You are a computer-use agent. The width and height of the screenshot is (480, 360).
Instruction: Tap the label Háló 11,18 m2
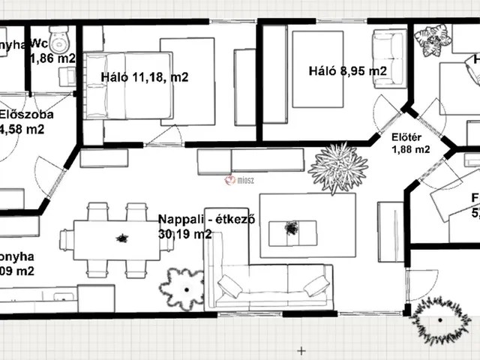145,76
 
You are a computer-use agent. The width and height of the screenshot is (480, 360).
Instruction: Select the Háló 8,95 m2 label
347,71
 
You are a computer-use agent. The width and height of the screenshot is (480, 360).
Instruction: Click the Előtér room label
406,136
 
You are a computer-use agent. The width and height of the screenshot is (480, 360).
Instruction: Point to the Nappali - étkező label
208,220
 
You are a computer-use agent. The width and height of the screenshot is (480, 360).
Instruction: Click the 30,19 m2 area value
184,234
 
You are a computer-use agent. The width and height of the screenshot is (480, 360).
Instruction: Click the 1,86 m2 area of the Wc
53,57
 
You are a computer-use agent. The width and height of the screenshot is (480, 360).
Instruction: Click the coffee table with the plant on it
290,227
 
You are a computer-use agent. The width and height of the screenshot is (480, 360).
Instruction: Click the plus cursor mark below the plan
301,350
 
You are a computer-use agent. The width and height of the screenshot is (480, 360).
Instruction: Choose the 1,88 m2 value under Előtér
411,149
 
